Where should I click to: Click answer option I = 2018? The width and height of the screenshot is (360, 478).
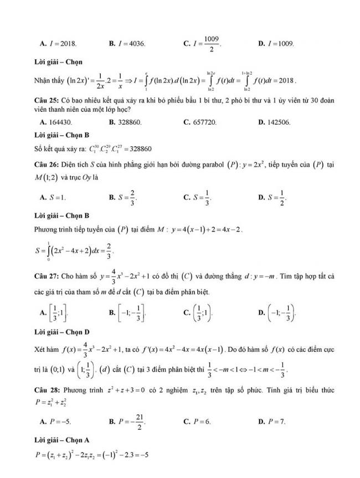point(62,44)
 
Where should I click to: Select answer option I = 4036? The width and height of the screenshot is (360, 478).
point(131,44)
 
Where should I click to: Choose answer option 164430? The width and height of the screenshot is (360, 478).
point(59,122)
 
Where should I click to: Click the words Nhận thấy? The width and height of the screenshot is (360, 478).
point(49,80)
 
